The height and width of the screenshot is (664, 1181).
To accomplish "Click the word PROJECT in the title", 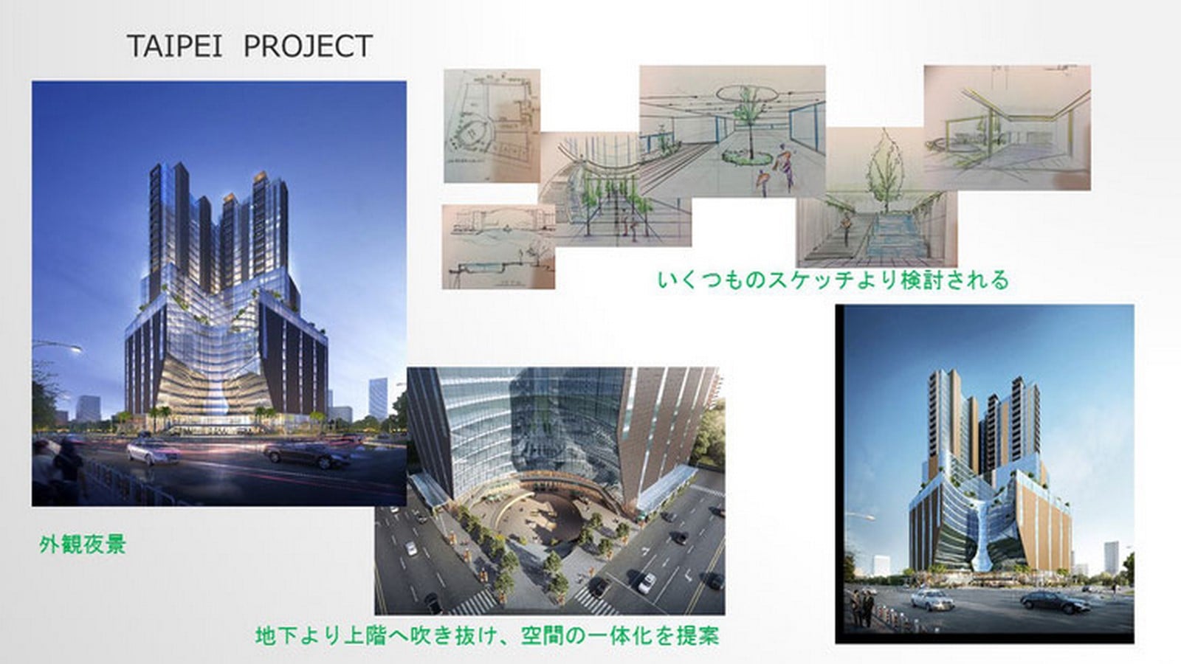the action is [x=309, y=46].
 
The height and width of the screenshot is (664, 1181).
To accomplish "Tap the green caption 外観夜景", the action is [x=83, y=544].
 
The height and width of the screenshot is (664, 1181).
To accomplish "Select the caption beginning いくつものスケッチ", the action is [x=833, y=280].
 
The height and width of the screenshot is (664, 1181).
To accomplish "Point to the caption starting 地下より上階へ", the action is [x=487, y=635].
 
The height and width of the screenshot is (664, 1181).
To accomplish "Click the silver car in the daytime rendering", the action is [x=932, y=599].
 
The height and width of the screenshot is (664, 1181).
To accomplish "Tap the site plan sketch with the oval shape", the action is [x=492, y=126].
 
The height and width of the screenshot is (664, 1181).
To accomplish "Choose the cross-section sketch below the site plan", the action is [x=498, y=246].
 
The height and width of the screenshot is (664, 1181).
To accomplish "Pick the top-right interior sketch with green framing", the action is [x=1007, y=128].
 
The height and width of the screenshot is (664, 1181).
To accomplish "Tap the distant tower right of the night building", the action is [x=377, y=398].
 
